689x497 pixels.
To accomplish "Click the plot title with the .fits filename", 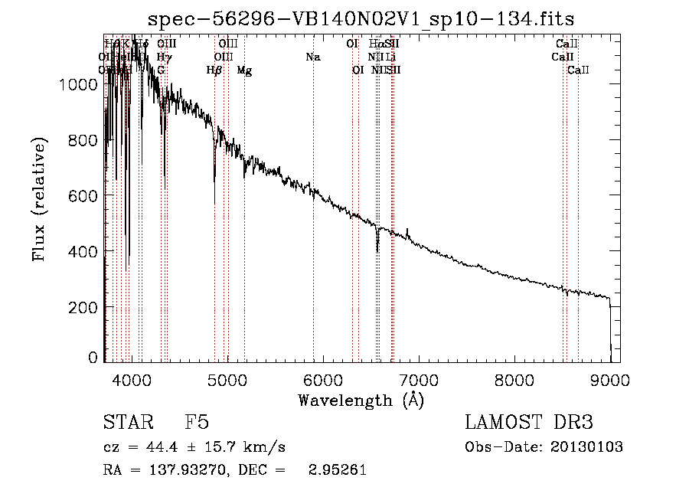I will coord(361,18).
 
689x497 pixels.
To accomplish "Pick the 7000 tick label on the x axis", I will coord(419,378).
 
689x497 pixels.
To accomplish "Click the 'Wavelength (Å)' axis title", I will coord(361,399).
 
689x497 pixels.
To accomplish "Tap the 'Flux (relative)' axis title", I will coord(39,198).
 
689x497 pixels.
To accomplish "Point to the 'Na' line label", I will coord(312,57).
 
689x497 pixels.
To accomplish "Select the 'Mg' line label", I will coord(244,70).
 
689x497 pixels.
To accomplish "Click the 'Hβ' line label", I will coord(214,70).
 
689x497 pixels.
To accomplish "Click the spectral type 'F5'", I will coord(197,423).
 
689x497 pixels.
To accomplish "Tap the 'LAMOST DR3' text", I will coord(528,423).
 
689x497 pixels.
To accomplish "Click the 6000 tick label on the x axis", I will coord(323,378).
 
